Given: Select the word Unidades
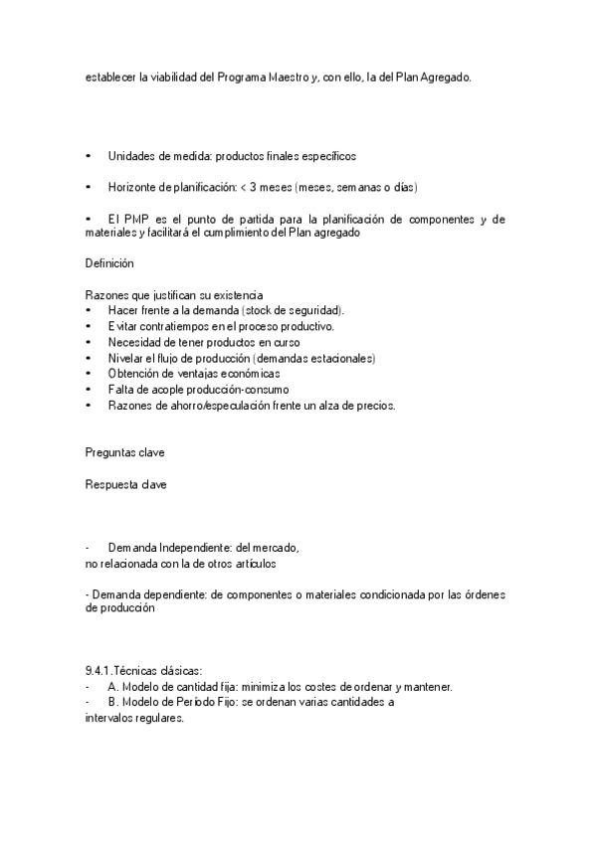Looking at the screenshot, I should coord(131,157).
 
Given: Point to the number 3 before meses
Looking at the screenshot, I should coord(260,187).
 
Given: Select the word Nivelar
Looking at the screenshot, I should coord(127,358).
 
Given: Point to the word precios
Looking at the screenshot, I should coord(374,406).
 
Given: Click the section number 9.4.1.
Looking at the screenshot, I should coord(99,672).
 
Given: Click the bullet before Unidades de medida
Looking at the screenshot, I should coord(89,157).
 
